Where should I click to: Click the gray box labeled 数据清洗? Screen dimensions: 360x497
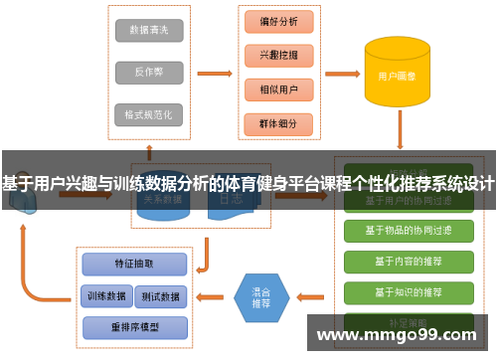pos(149,31)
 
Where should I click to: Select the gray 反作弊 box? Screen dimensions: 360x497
pos(149,73)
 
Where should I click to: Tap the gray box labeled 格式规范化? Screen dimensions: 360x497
pos(149,114)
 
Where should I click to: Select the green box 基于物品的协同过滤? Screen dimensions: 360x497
pos(408,231)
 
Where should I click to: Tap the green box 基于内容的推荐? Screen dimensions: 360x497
pos(408,262)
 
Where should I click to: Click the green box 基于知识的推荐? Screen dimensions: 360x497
pos(408,293)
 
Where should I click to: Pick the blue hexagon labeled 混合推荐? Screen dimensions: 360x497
pos(260,296)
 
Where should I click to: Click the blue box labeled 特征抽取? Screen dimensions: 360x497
pos(134,264)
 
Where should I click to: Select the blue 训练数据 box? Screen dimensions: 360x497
pos(104,296)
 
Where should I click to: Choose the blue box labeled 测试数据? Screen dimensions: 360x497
pos(159,296)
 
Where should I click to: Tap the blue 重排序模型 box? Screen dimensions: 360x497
pos(134,326)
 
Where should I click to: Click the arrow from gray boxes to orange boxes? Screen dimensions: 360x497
pos(213,73)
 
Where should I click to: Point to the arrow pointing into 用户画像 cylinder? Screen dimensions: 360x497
pos(340,73)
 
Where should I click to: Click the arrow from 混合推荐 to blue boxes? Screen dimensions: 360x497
pos(210,296)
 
